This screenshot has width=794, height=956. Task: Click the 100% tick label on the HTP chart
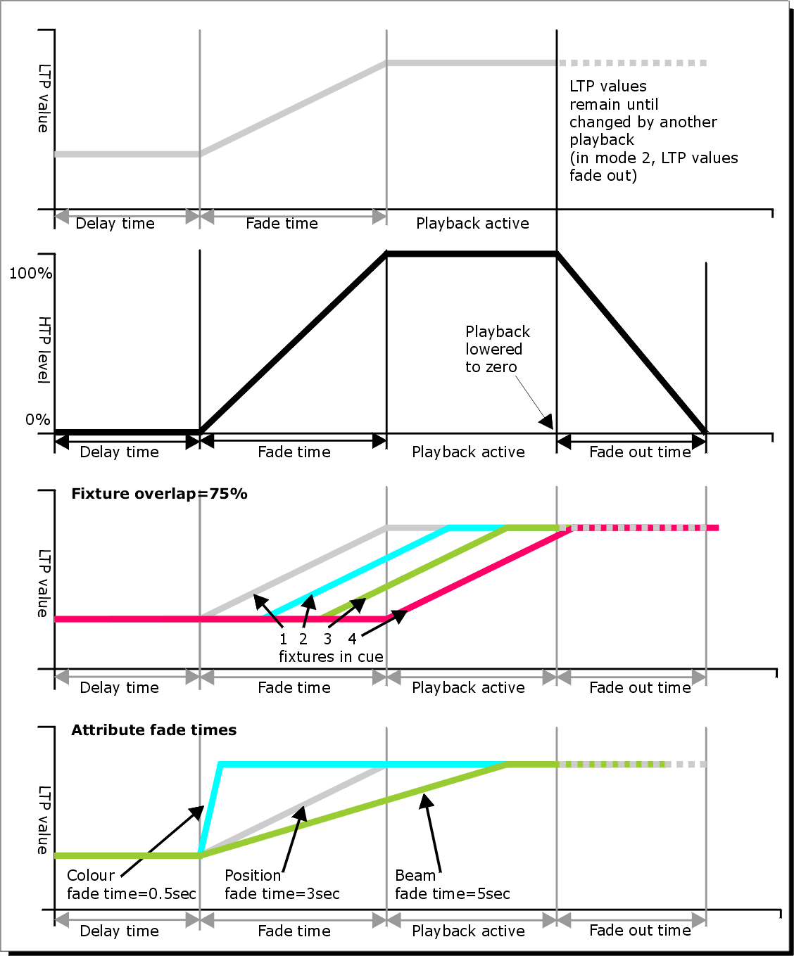click(x=30, y=273)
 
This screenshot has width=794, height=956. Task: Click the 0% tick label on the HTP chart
click(x=38, y=420)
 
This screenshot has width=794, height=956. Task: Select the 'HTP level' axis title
click(x=44, y=350)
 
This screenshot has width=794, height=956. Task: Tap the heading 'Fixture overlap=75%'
click(x=159, y=494)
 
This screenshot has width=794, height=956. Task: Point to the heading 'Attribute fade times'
click(x=153, y=730)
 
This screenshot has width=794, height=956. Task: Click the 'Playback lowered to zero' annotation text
click(x=497, y=349)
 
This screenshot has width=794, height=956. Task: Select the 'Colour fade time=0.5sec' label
click(x=131, y=885)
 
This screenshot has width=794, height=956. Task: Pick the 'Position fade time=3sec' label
click(x=282, y=885)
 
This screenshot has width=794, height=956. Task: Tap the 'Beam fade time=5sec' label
click(x=452, y=885)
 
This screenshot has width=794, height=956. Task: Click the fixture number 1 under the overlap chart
click(x=283, y=639)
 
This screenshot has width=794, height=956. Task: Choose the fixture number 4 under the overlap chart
click(x=352, y=639)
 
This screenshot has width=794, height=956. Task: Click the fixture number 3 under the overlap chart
click(x=327, y=639)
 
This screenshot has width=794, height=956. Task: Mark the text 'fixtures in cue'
click(x=331, y=657)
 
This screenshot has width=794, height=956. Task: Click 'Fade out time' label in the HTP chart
click(x=640, y=452)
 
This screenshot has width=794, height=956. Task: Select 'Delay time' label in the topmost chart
click(x=115, y=224)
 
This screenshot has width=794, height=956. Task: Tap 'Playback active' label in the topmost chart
click(x=472, y=224)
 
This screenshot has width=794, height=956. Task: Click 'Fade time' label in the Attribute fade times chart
click(x=294, y=931)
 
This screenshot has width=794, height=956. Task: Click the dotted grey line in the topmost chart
click(x=634, y=63)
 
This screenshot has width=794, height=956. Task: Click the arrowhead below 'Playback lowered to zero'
click(x=547, y=422)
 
